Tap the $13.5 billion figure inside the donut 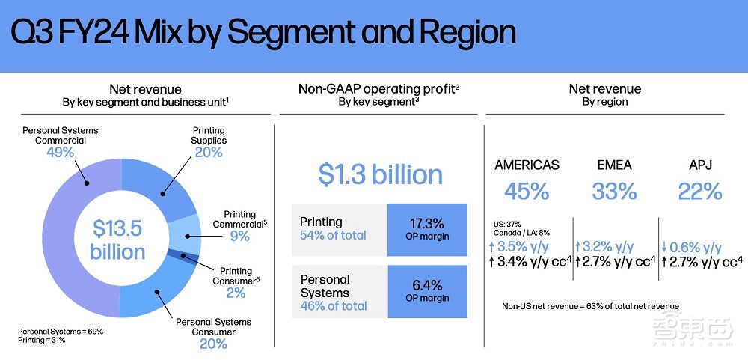pos(117,239)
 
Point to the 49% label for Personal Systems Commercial pos(59,153)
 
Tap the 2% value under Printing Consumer pos(236,293)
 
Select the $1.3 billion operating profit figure pos(381,174)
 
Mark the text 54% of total pos(333,235)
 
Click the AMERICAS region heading pos(526,165)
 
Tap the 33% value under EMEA pos(615,192)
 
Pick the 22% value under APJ pos(700,192)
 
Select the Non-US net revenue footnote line pos(590,305)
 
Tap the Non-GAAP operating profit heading pos(378,89)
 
